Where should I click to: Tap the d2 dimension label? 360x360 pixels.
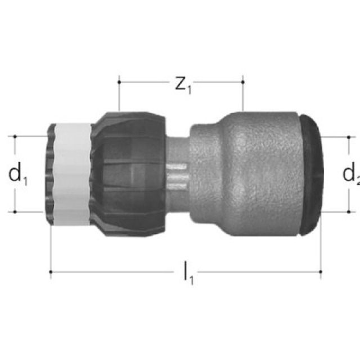click(350, 175)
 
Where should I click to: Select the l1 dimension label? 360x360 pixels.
click(187, 274)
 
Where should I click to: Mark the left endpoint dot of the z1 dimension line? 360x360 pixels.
click(119, 82)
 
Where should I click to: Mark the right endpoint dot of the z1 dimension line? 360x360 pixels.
click(242, 82)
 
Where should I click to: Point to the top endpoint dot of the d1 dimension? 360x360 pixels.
click(15, 136)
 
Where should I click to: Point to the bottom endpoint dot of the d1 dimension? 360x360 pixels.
click(15, 211)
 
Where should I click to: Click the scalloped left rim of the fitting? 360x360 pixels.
click(53, 174)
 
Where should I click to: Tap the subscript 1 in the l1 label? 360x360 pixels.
click(191, 280)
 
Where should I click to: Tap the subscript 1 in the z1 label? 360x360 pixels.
click(189, 89)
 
